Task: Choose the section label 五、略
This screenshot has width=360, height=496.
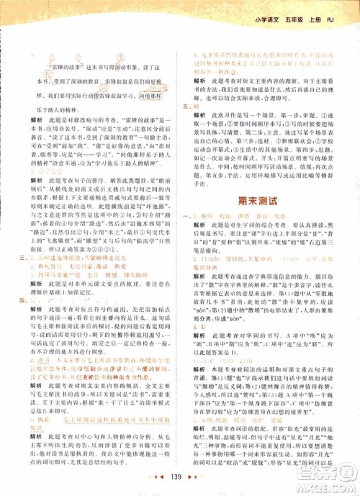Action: coord(190,105)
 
